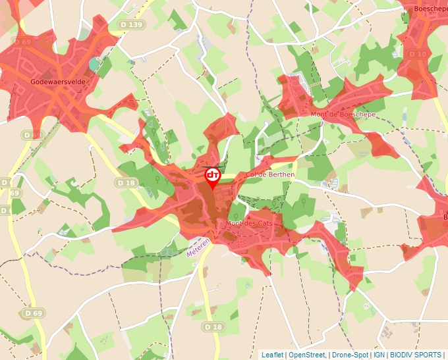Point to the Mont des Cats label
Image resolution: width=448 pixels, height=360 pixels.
tap(249, 224)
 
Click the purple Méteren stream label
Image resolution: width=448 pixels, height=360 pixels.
tap(198, 247)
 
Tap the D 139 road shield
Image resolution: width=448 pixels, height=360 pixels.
tap(132, 24)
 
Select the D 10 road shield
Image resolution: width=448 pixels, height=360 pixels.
tap(416, 53)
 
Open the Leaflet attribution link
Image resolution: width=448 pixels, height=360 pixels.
tap(272, 355)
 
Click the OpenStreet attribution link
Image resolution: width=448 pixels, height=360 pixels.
tap(307, 355)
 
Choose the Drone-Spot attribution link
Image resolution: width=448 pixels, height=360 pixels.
tap(350, 355)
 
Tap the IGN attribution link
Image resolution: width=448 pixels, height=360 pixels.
tap(379, 355)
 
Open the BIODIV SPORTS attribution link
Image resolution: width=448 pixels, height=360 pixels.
tap(416, 355)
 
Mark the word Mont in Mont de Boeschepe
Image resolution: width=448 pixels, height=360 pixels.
tap(319, 115)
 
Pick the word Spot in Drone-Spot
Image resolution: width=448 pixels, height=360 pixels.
tap(360, 355)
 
